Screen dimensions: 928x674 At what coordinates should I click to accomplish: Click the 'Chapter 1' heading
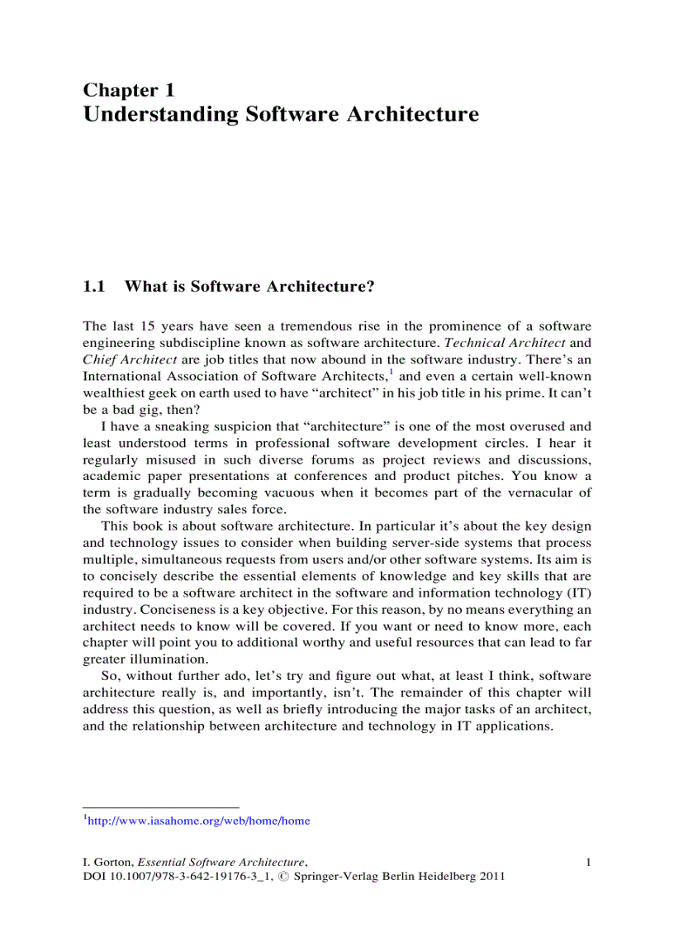(x=128, y=90)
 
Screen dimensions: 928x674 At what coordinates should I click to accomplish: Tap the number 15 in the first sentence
(x=144, y=326)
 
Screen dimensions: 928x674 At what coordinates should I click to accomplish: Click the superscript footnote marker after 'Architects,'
(x=390, y=371)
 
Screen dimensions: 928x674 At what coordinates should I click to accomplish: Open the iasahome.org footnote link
(x=198, y=821)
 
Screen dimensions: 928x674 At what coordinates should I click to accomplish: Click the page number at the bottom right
(x=588, y=863)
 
